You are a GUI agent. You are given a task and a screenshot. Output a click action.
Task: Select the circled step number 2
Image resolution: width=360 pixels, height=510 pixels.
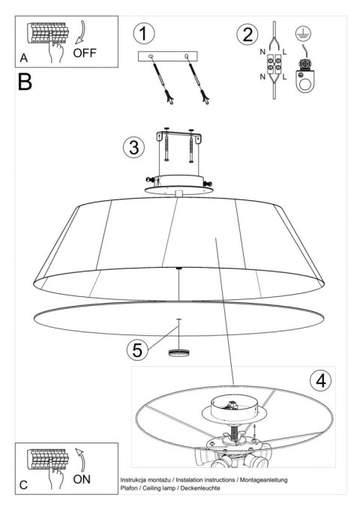(245, 34)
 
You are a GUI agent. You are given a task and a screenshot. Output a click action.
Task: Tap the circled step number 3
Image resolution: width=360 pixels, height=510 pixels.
(133, 148)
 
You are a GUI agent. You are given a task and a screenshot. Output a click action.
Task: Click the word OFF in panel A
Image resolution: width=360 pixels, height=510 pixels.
(86, 53)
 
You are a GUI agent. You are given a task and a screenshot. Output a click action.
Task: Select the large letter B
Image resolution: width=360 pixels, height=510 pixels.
(25, 82)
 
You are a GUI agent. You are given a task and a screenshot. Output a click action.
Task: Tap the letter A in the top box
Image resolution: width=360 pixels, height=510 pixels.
(25, 58)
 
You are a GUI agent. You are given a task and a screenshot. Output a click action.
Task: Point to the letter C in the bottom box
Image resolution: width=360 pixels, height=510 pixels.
(25, 485)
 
